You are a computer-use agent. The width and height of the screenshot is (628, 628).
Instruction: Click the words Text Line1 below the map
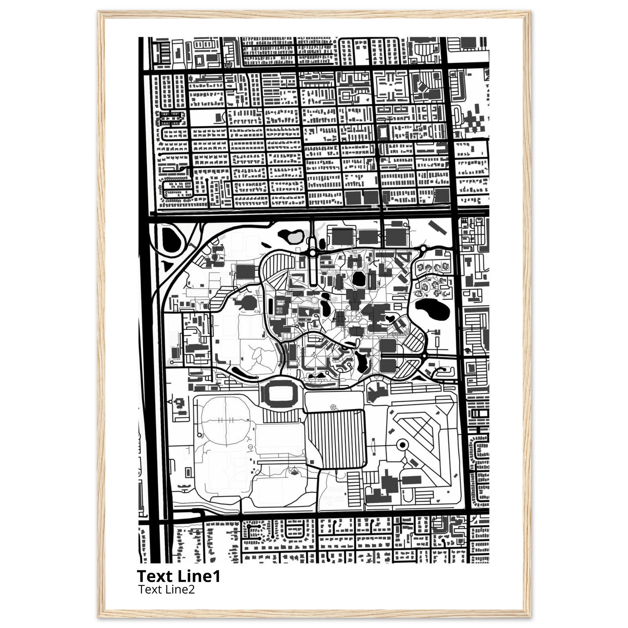(178, 576)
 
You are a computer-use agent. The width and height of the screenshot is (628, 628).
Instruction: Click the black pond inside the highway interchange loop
(171, 239)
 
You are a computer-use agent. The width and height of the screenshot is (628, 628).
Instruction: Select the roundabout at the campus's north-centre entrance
(313, 252)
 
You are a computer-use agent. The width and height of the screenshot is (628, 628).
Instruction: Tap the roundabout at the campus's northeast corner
(423, 249)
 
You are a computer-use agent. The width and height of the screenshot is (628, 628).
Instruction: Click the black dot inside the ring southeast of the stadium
(402, 445)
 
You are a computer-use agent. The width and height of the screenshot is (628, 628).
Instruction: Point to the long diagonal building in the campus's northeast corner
(437, 227)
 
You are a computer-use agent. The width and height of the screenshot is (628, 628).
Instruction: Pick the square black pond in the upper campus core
(358, 278)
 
